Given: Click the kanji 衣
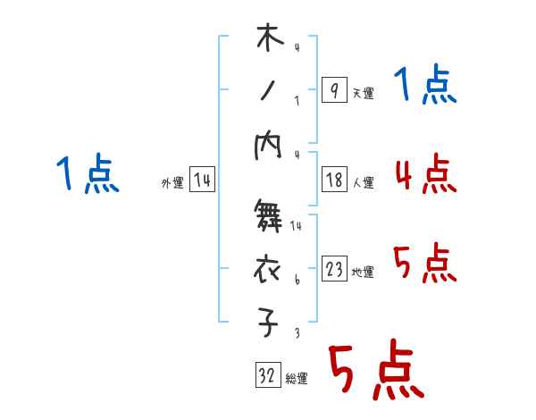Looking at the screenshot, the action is click(269, 269).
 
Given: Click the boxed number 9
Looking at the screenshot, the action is click(333, 90).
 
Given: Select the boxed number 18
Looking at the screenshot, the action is click(334, 181).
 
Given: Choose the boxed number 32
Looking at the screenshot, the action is click(267, 376).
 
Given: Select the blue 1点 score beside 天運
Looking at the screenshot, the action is click(425, 86).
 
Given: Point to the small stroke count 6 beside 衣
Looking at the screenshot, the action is click(296, 280).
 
